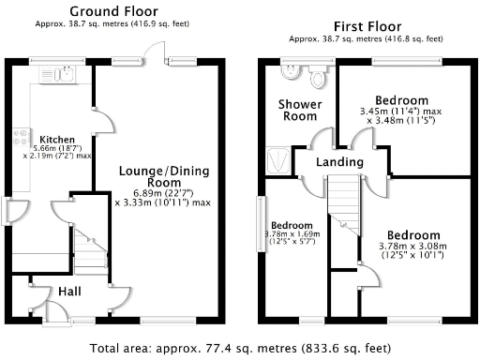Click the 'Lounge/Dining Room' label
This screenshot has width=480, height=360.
[x=163, y=176]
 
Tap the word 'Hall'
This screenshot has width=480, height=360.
[x=69, y=292]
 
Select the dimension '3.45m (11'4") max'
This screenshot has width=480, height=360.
[x=401, y=112]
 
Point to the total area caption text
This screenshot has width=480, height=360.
[x=239, y=346]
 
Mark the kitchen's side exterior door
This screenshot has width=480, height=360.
[x=9, y=212]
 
